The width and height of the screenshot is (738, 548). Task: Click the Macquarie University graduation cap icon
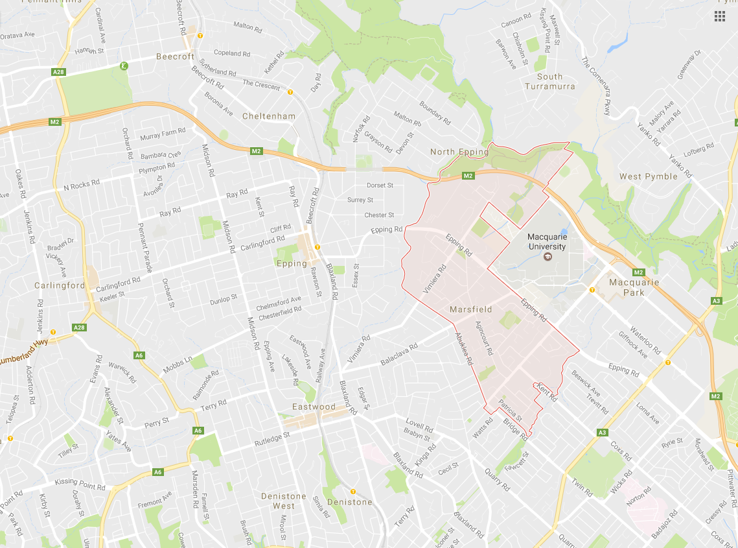(547, 257)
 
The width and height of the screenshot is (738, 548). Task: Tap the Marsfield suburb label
(470, 309)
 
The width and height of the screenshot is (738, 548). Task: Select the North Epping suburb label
(459, 152)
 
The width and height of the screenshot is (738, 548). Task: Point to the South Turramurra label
(549, 81)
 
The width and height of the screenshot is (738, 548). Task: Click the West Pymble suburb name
(648, 176)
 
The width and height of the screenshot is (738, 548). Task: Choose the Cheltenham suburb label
(268, 116)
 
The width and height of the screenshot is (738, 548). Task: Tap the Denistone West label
(284, 501)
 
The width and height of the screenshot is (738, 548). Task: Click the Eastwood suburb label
(314, 407)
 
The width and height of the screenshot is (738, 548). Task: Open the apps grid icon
(719, 16)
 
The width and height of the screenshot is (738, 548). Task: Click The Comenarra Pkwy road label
(596, 86)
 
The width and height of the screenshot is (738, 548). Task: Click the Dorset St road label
(380, 185)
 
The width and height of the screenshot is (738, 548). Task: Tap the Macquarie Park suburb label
(634, 287)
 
